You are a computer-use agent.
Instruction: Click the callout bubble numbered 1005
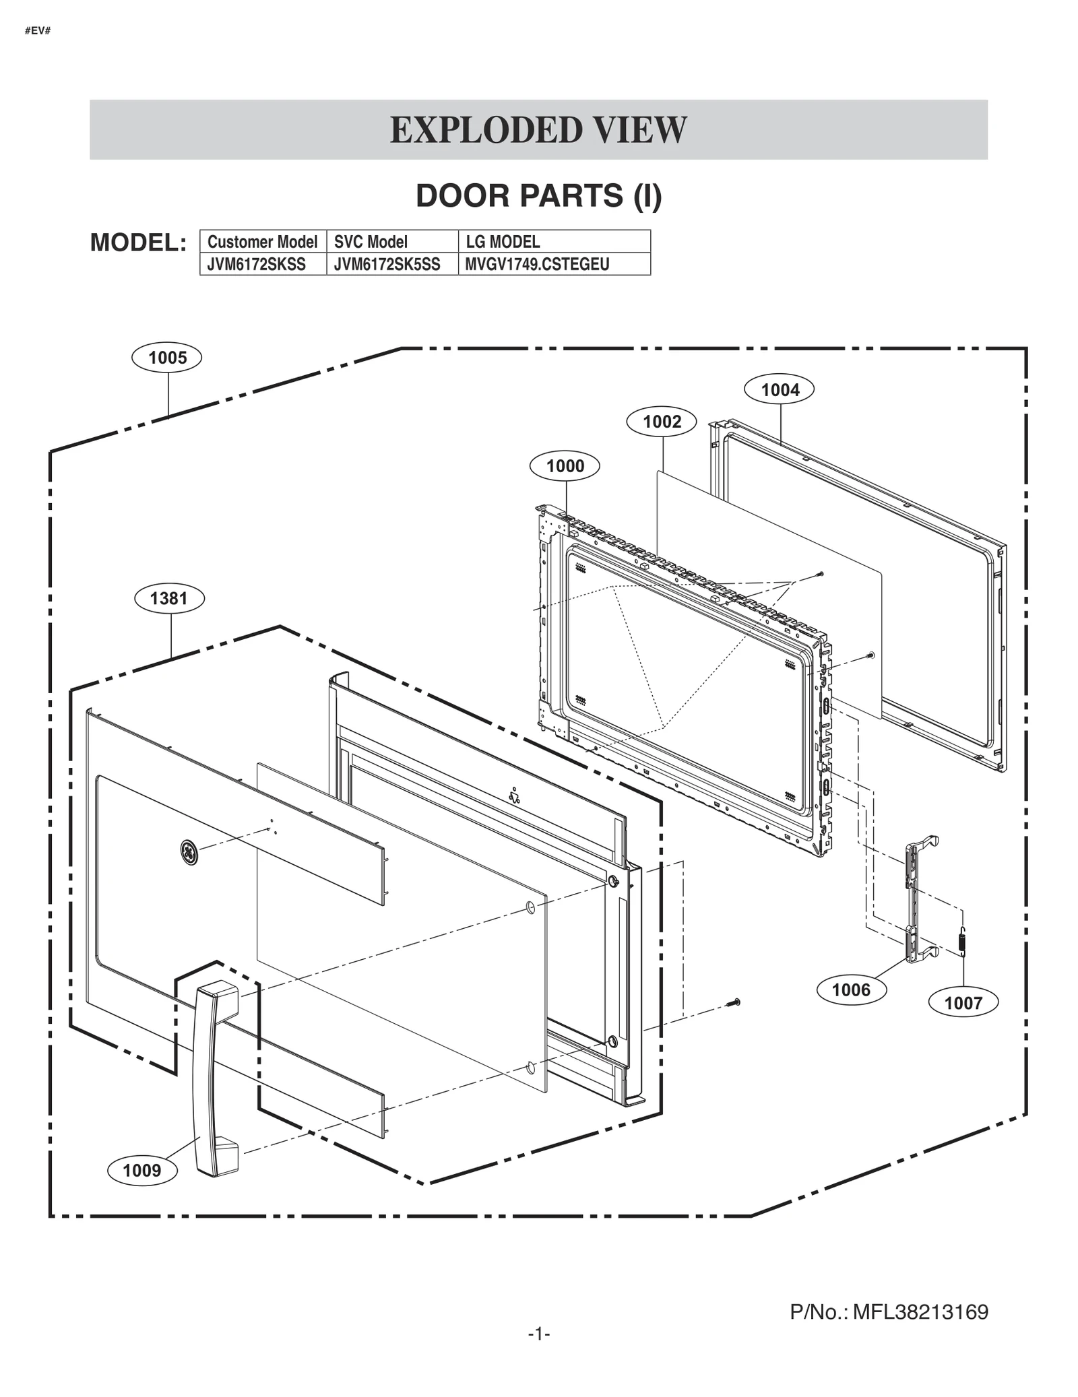[x=167, y=357]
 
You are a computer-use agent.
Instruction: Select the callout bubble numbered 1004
[x=780, y=389]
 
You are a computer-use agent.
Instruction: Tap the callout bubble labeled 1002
[x=662, y=422]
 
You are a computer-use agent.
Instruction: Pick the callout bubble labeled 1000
[x=565, y=465]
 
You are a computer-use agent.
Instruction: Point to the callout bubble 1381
[x=169, y=598]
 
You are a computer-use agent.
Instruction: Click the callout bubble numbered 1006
[x=851, y=989]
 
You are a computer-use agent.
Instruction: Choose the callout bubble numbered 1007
[x=963, y=1003]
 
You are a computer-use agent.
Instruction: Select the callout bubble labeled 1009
[x=142, y=1170]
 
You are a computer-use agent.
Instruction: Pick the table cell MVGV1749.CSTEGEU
[x=538, y=264]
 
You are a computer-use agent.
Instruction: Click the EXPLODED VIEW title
[x=538, y=130]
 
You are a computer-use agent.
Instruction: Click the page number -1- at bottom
[x=539, y=1334]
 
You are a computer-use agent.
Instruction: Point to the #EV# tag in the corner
[x=38, y=31]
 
